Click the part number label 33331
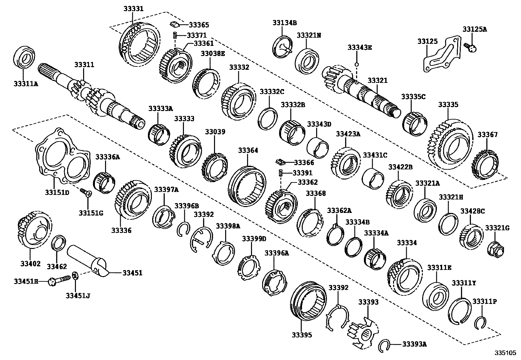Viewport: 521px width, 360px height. click(x=133, y=9)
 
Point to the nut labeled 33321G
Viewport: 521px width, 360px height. click(x=495, y=250)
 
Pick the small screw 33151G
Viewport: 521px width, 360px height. click(x=86, y=193)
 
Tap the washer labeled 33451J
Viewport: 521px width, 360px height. click(x=75, y=276)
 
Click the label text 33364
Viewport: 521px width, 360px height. click(x=248, y=150)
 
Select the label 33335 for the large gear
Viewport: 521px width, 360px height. click(x=448, y=105)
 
